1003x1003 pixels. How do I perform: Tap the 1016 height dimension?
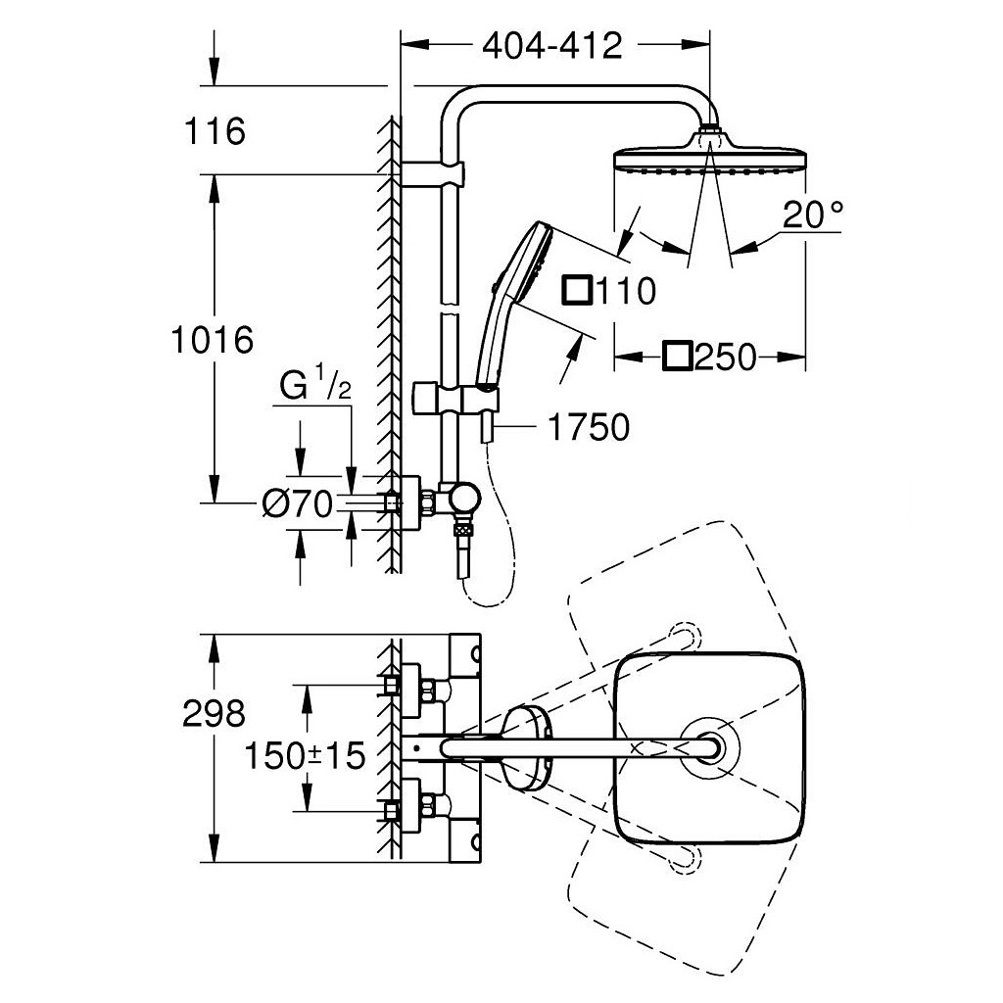(211, 339)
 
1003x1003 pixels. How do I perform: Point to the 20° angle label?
(812, 214)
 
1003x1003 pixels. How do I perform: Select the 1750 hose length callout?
(588, 427)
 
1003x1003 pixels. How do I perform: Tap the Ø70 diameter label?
(297, 503)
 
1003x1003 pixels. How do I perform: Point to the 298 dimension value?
(214, 714)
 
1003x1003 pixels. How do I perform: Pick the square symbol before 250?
(677, 357)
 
